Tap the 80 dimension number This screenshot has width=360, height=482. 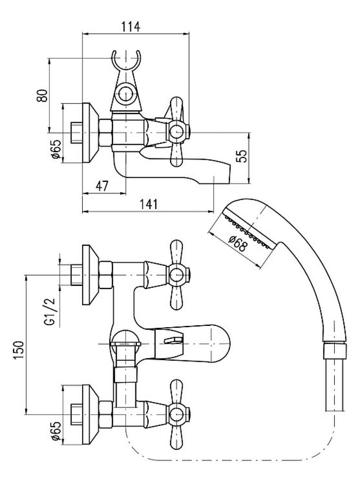pos(42,95)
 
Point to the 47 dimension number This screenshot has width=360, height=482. pos(102,186)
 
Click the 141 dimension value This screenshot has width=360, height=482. pos(149,204)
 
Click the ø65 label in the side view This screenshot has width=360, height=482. pos(56,149)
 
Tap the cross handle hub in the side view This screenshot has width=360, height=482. pos(177,133)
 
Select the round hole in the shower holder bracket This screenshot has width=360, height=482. pos(126,94)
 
